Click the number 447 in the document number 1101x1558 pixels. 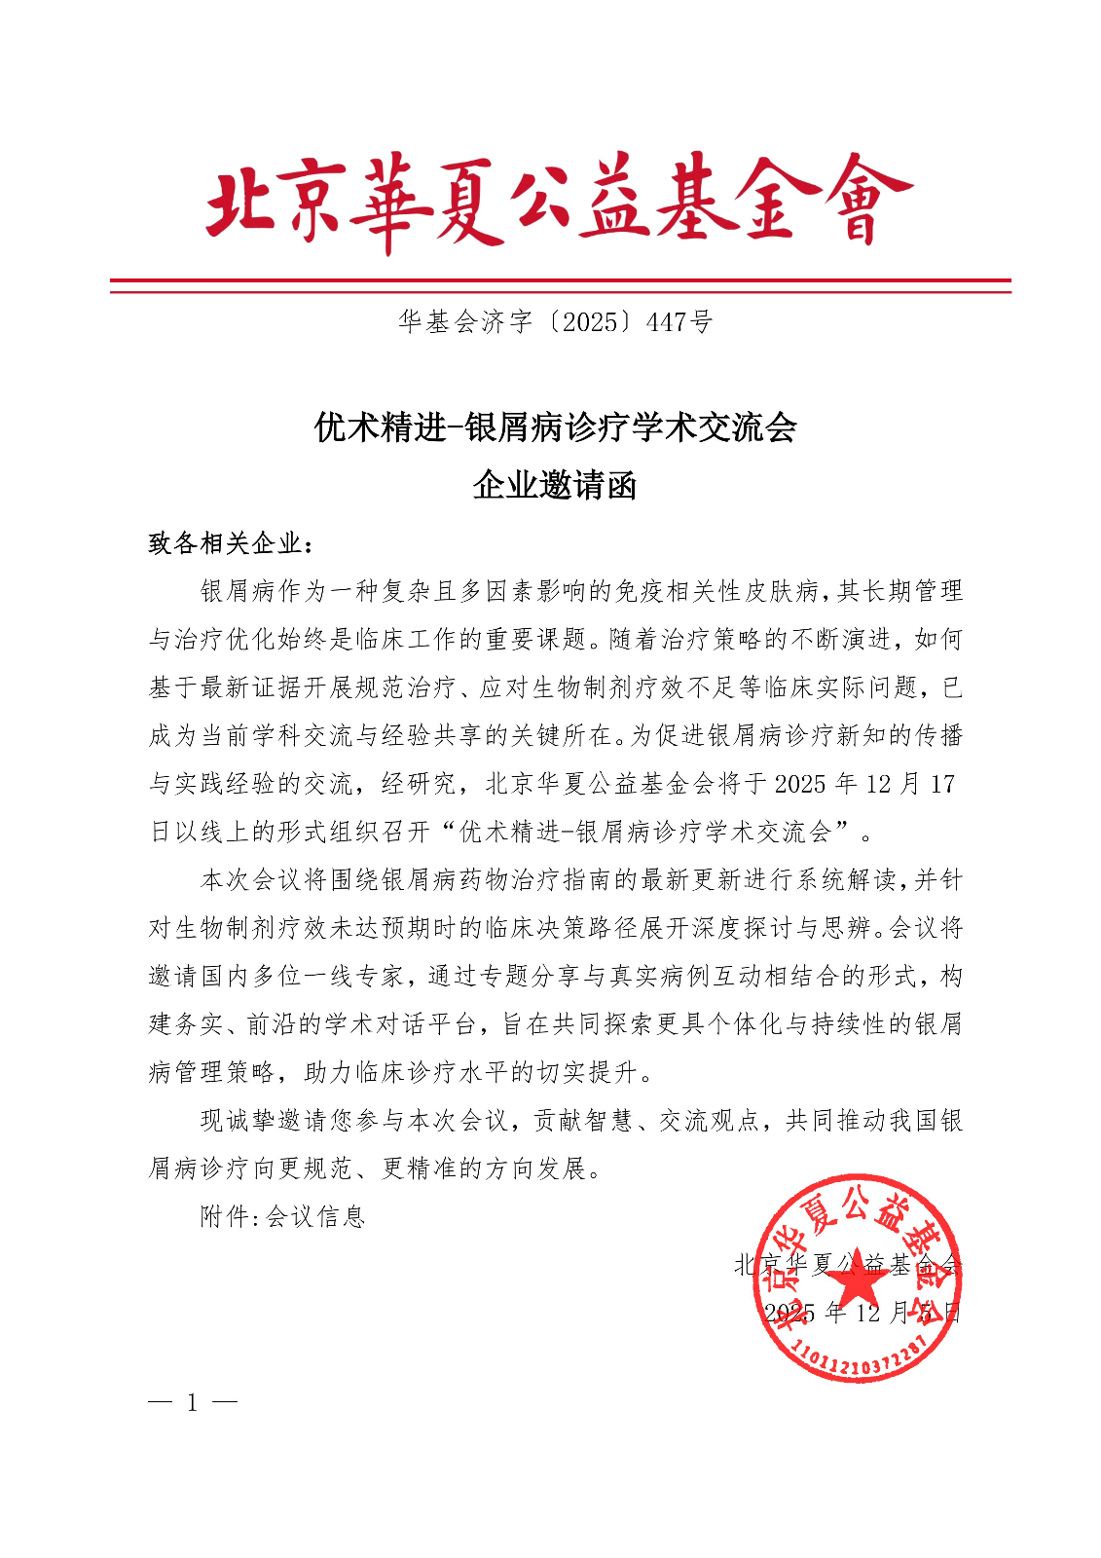(x=668, y=322)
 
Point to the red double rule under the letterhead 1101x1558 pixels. (x=560, y=285)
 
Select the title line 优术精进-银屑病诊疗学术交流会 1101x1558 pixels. (x=555, y=427)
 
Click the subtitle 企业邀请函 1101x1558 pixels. (x=555, y=484)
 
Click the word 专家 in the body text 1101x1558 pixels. (x=379, y=976)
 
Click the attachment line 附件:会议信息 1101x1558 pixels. (x=282, y=1216)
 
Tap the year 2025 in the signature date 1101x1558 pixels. (x=789, y=1313)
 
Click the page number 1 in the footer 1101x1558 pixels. (x=193, y=1402)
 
